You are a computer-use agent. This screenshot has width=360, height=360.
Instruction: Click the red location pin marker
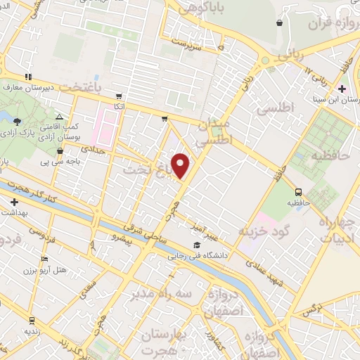coord(181,165)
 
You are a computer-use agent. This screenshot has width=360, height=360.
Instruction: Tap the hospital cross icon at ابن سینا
coord(342,89)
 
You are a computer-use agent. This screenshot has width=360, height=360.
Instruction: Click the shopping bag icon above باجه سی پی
coord(60,150)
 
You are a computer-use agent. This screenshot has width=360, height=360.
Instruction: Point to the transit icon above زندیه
coord(30,318)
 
